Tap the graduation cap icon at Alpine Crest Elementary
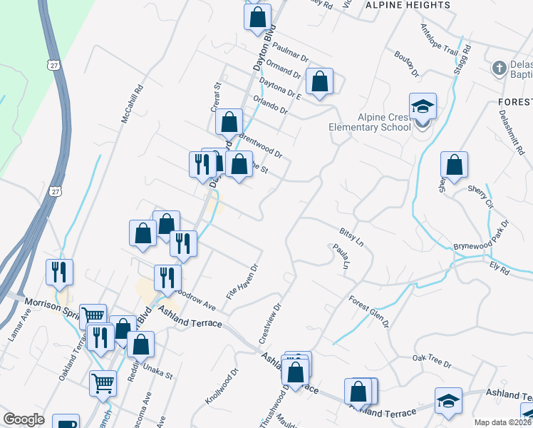pos(423,107)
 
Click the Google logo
pos(24,419)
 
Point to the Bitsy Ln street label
pos(351,238)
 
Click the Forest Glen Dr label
pos(369,311)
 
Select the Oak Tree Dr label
pos(433,362)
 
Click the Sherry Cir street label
pos(480,195)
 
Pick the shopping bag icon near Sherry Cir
pos(454,165)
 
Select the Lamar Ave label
pos(19,327)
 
